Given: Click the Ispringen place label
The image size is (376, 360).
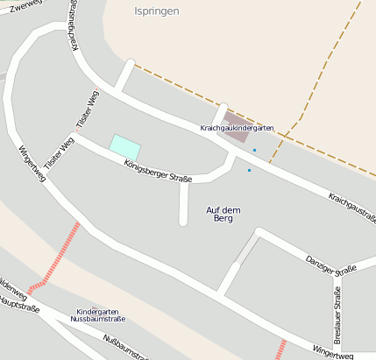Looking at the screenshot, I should point(157,11).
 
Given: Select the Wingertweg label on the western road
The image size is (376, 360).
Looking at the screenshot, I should point(32,163).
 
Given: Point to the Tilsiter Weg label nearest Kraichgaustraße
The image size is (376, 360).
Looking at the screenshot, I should point(89,110).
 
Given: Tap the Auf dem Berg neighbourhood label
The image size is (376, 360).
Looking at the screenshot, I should point(223,214).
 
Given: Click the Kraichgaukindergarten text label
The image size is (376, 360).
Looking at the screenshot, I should point(237,128).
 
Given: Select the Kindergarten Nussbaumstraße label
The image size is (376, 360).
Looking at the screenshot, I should point(101,315).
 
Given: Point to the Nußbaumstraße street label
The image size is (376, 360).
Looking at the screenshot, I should point(123,347).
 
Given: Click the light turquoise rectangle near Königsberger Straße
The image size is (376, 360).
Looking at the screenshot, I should point(124,145).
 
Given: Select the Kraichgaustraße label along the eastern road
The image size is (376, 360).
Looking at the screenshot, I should point(352,208).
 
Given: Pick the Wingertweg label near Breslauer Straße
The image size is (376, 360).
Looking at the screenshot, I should point(333,352).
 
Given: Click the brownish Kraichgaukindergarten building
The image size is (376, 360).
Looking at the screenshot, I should point(235,121).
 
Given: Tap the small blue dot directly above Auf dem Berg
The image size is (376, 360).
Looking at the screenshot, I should point(249,170).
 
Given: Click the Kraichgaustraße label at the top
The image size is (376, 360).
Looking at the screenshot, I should point(73,25).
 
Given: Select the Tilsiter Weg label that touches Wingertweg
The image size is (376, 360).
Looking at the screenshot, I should point(57,153).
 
